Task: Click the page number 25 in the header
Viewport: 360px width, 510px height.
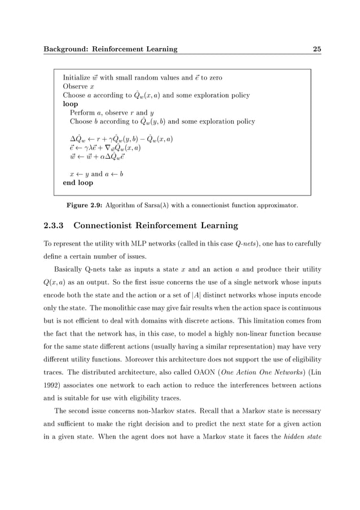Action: click(317, 49)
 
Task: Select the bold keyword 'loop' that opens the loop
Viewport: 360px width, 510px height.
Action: click(71, 104)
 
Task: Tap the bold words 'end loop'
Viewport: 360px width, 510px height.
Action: click(78, 183)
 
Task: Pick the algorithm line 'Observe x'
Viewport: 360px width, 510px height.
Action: click(75, 86)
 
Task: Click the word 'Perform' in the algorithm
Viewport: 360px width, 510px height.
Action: click(82, 113)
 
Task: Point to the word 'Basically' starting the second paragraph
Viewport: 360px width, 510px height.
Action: click(72, 269)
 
